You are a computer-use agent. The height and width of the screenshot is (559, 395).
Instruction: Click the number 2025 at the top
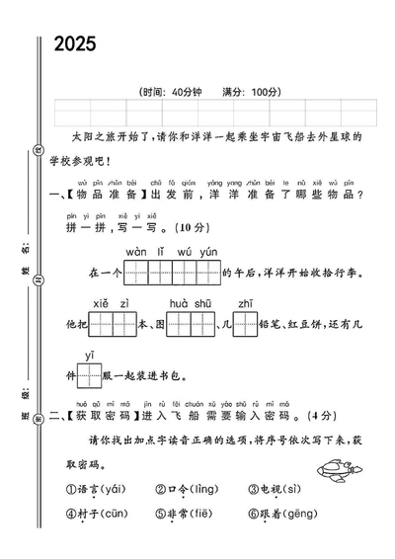pos(75,43)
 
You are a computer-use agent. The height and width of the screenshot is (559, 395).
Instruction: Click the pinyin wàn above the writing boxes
pos(135,253)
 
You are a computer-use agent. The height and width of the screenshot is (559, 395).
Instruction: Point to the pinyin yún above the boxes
pos(208,253)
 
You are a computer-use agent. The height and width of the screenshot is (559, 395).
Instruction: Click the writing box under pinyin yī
pos(89,375)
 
